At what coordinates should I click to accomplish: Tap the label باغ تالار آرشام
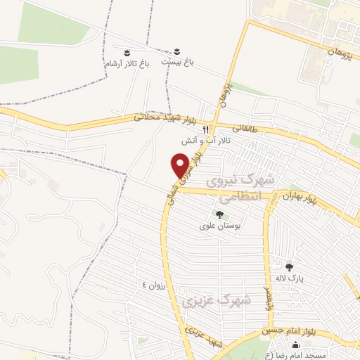pos(127,64)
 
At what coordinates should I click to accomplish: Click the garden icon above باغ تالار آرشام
pos(127,53)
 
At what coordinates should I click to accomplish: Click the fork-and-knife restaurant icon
pos(205,130)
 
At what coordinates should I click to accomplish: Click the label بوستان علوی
pos(219,226)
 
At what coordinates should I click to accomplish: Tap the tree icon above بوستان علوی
pos(219,214)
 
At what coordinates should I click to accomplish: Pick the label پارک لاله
pos(288,279)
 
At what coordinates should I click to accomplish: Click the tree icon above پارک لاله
pos(288,267)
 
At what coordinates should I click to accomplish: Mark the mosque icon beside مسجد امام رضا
pos(296,345)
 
